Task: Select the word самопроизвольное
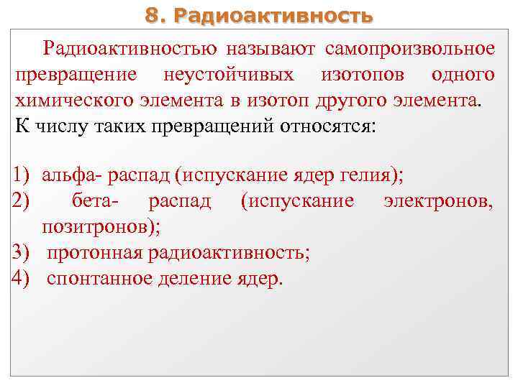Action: click(x=410, y=49)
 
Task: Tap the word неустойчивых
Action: click(x=229, y=75)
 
